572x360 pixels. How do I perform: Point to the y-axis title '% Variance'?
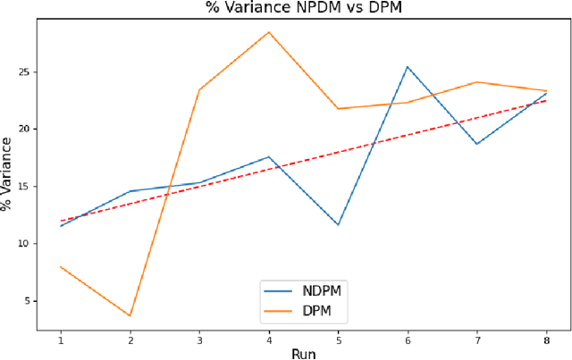coord(8,173)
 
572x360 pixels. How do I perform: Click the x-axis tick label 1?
coord(61,339)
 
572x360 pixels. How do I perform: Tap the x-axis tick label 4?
coord(269,339)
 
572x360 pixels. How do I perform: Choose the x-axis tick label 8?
coord(547,339)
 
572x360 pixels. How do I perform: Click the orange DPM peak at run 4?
coord(269,32)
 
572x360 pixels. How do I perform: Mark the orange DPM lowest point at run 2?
coord(130,315)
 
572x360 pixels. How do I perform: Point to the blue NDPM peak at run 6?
coord(408,67)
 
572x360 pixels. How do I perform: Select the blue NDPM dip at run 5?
coord(339,224)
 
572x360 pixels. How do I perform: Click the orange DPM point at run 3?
coord(199,89)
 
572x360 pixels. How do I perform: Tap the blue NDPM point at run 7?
coord(477,144)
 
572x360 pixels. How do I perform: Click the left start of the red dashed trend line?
coord(61,221)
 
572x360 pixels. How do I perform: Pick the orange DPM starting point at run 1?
coord(61,266)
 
